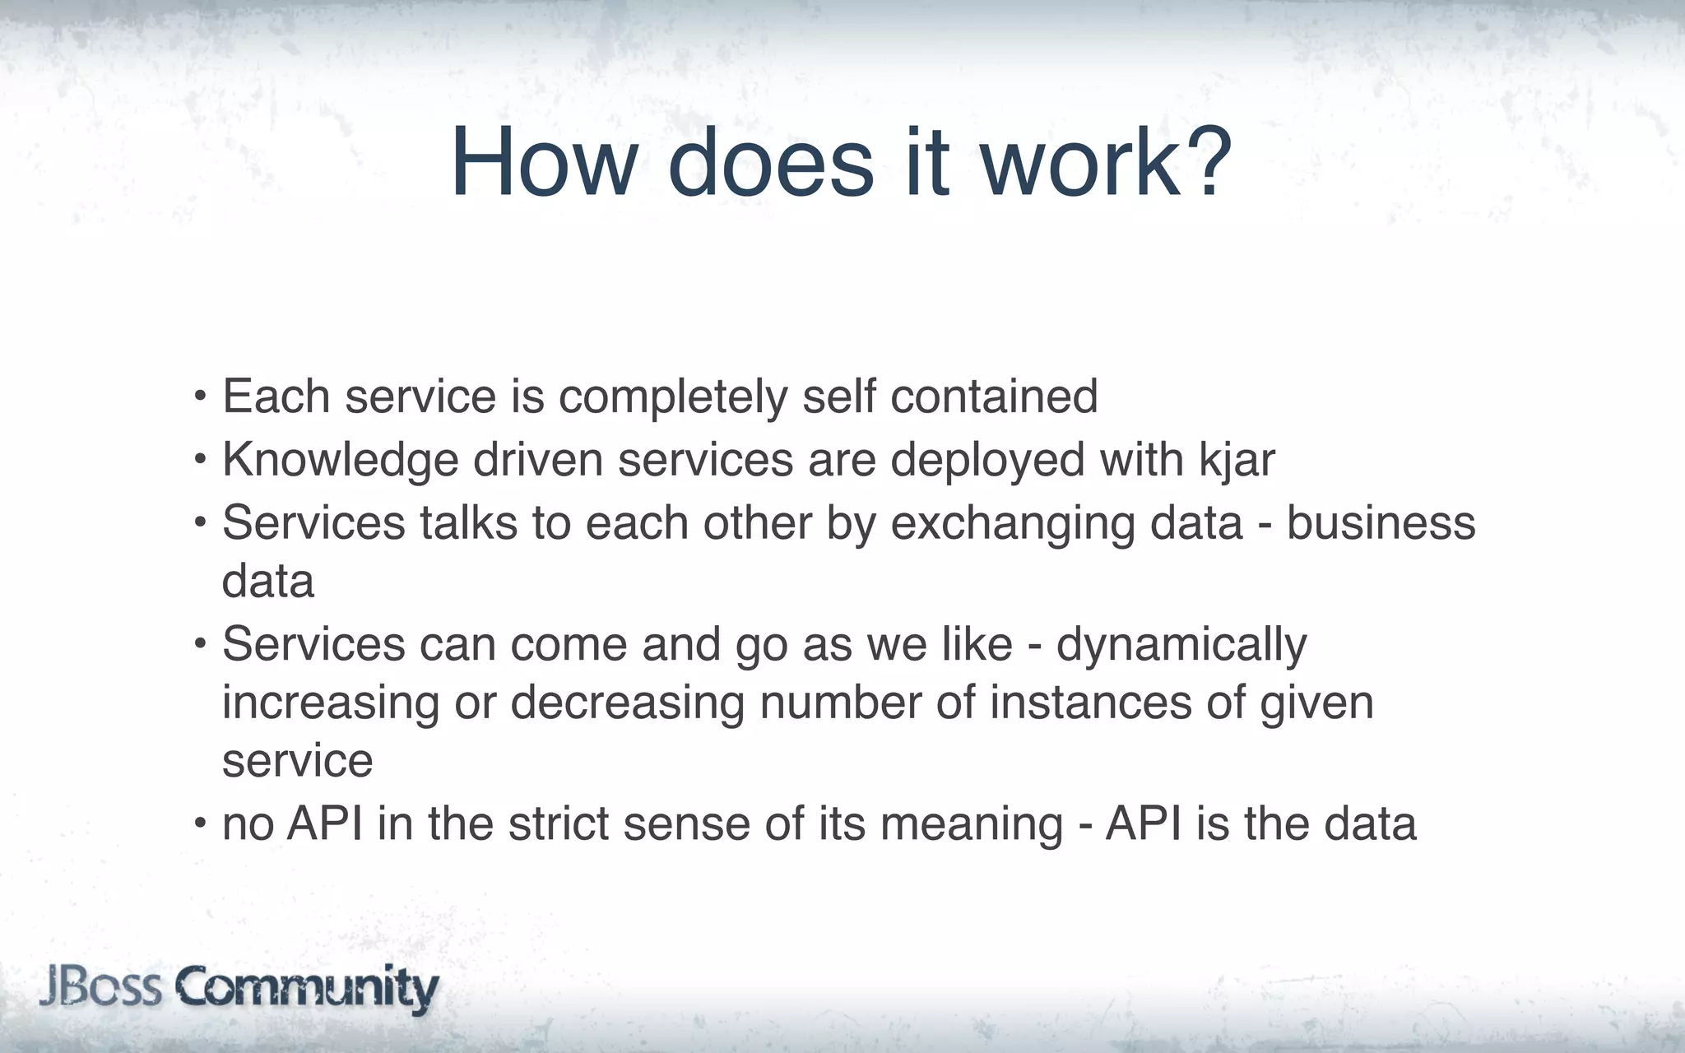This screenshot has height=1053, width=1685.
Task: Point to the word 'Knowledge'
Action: pyautogui.click(x=340, y=460)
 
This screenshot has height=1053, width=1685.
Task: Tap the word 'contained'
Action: pyautogui.click(x=994, y=397)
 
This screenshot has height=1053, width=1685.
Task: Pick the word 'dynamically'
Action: pyautogui.click(x=1181, y=645)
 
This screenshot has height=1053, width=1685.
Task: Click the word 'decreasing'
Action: pyautogui.click(x=627, y=703)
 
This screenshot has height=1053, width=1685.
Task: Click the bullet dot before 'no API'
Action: pyautogui.click(x=200, y=823)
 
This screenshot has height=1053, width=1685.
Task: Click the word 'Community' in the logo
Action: pyautogui.click(x=306, y=988)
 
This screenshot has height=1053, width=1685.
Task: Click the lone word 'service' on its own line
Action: pyautogui.click(x=297, y=762)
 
